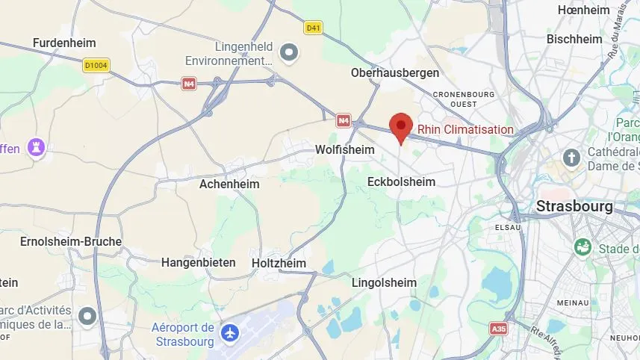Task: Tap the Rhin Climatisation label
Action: (x=465, y=129)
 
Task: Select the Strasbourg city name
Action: (x=574, y=206)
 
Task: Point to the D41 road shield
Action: (x=314, y=28)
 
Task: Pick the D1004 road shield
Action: (x=96, y=66)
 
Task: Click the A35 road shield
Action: (x=498, y=328)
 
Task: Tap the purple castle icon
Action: (x=35, y=147)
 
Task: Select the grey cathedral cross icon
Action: (x=572, y=158)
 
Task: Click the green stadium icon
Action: (x=582, y=246)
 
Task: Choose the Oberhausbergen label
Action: (x=395, y=72)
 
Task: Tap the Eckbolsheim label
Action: (x=401, y=181)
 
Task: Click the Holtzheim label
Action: (x=279, y=263)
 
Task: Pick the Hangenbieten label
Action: (x=199, y=262)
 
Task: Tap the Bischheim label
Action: (x=574, y=39)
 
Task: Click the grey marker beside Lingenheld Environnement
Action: (x=289, y=52)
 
